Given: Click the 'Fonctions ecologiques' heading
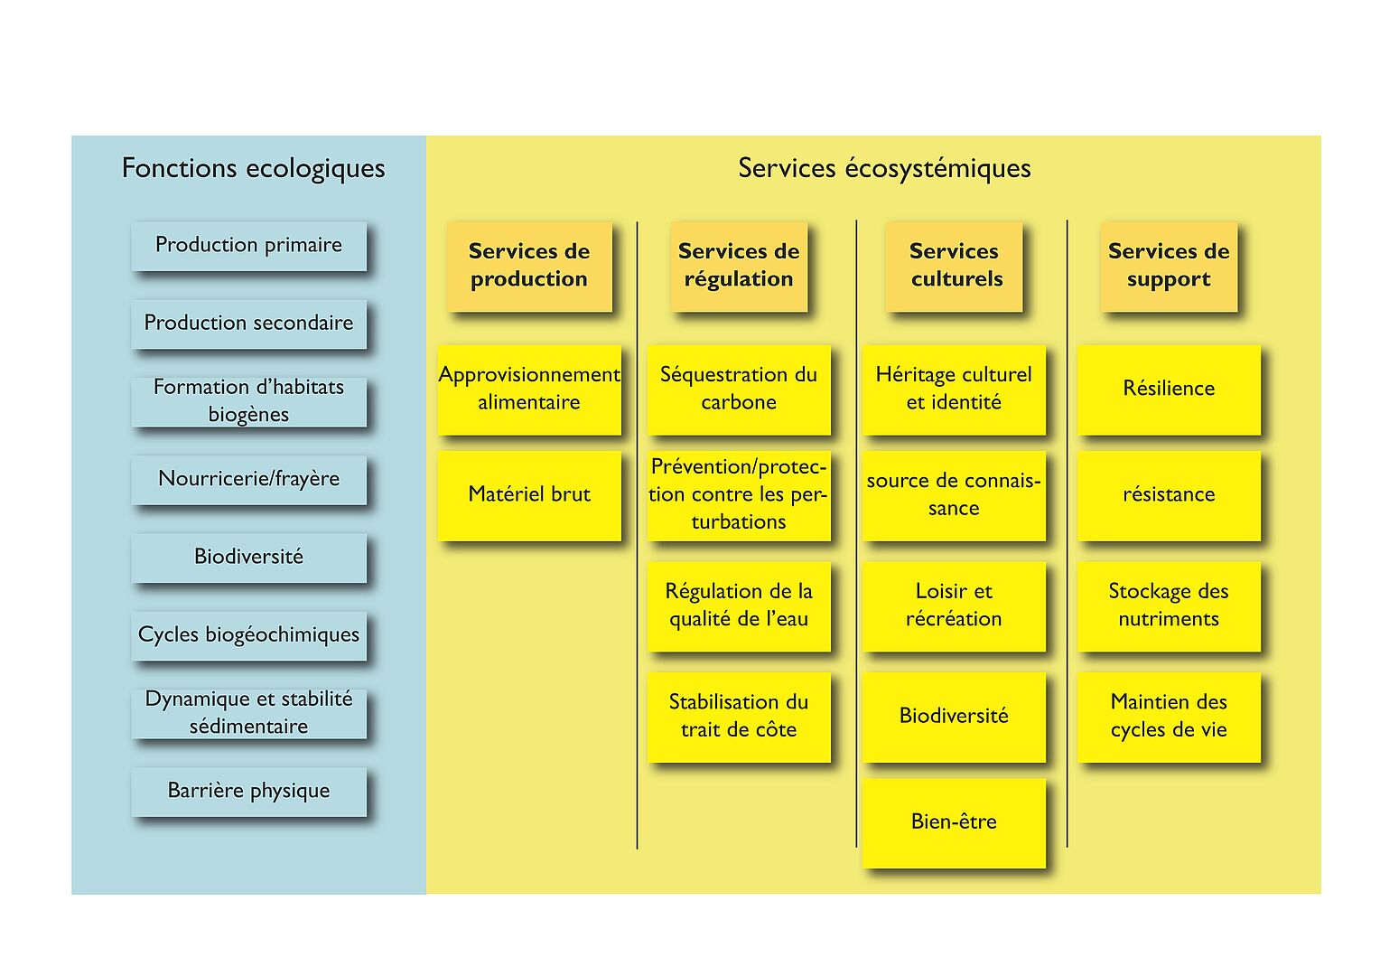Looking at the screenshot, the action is pos(253,168).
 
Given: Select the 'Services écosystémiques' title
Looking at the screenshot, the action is pos(884,168).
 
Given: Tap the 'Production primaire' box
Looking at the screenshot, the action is pos(248,246).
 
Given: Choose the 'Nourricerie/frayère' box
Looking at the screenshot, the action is pos(248,480).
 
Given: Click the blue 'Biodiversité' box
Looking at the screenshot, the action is pos(248,558).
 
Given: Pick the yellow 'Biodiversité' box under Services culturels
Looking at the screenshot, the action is pos(954,717).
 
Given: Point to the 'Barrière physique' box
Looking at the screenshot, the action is pos(248,792).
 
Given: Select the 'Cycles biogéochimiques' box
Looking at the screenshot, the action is pos(248,635).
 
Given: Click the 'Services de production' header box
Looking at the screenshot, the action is pos(529,267).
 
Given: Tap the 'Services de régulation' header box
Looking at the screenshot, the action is pos(739,267).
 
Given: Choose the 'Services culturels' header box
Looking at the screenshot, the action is pos(954,267).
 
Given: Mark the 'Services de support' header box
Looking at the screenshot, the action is pos(1169,267).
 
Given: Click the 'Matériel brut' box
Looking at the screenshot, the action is pos(529,496).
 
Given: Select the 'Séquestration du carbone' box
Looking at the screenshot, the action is pos(739,389).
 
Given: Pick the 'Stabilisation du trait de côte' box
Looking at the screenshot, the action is pos(739,717).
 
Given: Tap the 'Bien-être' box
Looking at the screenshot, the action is pos(954,823).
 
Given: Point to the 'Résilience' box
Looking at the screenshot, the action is pos(1169,389).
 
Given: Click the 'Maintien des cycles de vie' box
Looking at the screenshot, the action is pos(1169,717).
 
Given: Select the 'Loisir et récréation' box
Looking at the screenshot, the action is pos(954,606).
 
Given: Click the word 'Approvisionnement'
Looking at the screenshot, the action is pos(529,375).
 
